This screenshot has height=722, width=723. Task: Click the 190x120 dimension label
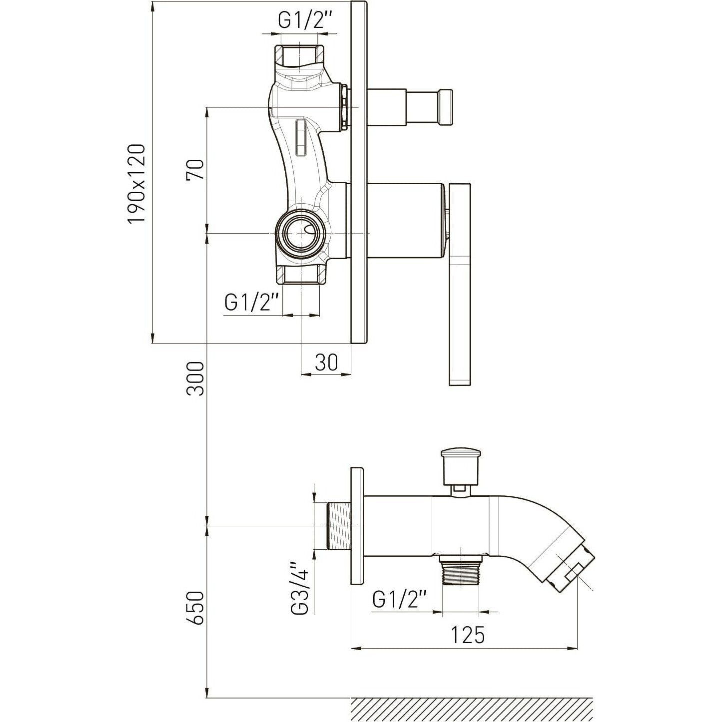click(x=136, y=184)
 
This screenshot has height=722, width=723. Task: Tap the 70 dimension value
click(x=195, y=170)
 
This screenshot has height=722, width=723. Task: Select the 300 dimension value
click(x=195, y=378)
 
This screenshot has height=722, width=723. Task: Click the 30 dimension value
click(x=326, y=362)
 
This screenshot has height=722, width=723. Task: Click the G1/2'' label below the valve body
click(x=252, y=302)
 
